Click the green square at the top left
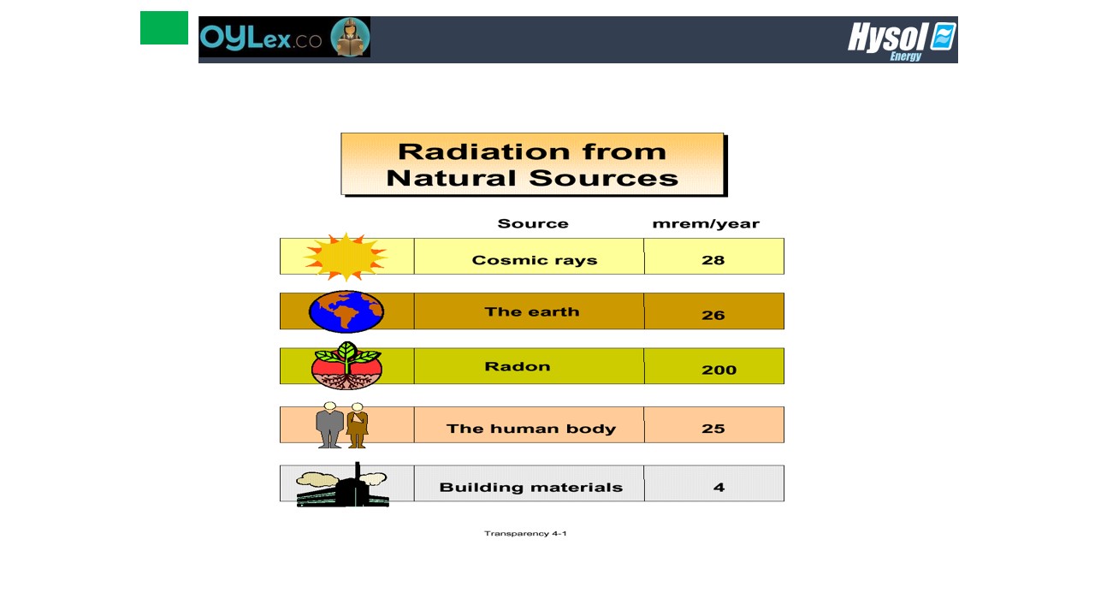(163, 28)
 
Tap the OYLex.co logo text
(261, 38)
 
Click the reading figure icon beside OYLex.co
(350, 37)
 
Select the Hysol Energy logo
(902, 41)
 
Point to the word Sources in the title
(603, 178)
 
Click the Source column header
(533, 223)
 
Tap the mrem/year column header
(706, 224)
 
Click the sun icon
(346, 257)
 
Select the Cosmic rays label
(535, 260)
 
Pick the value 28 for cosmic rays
(713, 260)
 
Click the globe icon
(346, 311)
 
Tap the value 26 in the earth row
(713, 315)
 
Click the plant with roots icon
(346, 365)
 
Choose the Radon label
(518, 366)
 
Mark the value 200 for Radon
(719, 370)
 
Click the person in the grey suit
(330, 425)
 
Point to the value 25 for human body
(713, 429)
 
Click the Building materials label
(531, 488)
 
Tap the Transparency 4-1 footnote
(525, 533)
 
